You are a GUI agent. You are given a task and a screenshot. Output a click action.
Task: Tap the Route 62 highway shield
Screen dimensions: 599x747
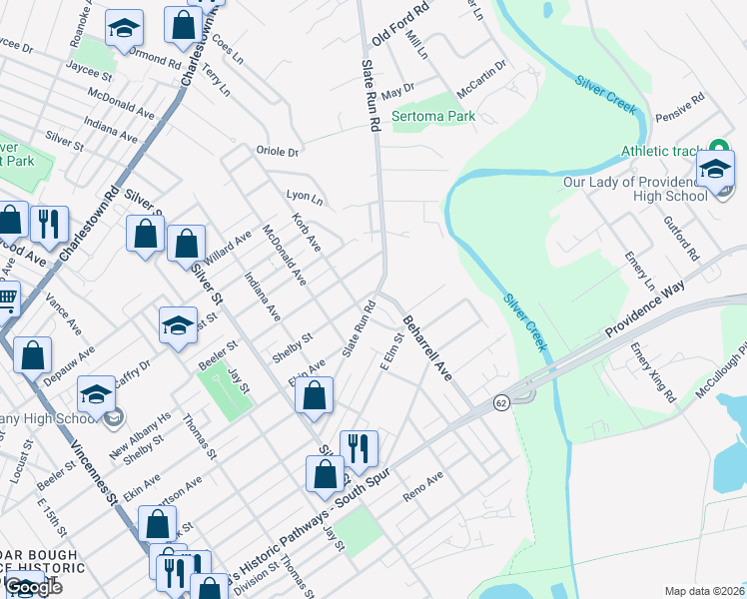pos(500,402)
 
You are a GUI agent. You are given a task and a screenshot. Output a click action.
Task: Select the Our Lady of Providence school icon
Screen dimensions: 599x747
pos(716,169)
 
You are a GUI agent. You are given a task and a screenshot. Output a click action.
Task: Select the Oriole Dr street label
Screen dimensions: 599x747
pos(279,152)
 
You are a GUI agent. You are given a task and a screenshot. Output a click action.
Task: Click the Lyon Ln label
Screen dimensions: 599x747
pos(305,198)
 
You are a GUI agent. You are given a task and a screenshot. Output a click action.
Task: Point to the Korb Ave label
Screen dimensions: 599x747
pos(306,232)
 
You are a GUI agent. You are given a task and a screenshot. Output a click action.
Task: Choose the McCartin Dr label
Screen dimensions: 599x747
pos(481,79)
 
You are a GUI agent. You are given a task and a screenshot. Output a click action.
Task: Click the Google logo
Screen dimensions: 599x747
pos(32,587)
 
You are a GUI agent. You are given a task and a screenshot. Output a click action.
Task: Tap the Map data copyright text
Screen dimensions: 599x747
pos(704,591)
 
